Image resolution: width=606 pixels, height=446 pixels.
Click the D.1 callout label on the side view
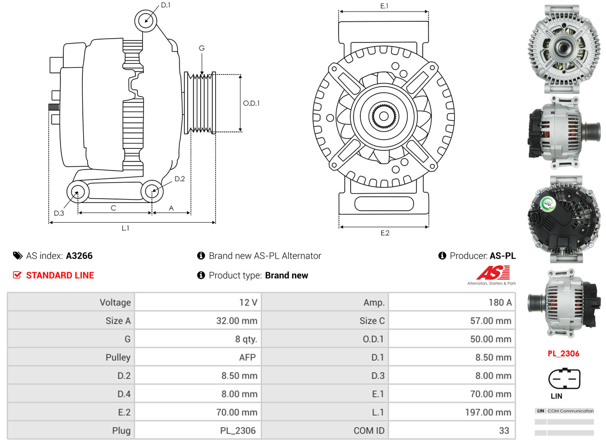[x=165, y=5]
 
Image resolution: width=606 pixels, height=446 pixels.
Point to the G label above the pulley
[x=202, y=48]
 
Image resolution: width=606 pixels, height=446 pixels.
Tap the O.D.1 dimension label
[x=251, y=103]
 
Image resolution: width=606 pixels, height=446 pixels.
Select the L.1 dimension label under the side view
[x=125, y=228]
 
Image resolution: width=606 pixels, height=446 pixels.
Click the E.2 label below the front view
[x=384, y=233]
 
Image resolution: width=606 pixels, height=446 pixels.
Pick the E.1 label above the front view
[x=384, y=6]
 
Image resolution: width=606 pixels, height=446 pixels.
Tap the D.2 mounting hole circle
[x=152, y=191]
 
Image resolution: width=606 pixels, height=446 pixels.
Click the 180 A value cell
[x=501, y=302]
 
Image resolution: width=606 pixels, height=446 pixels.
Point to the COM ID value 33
[x=504, y=431]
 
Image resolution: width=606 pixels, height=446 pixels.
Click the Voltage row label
[x=115, y=302]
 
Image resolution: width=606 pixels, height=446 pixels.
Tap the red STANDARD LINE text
[x=60, y=275]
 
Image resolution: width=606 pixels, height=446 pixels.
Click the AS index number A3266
[x=79, y=256]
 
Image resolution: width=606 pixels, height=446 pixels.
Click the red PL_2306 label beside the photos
[x=563, y=354]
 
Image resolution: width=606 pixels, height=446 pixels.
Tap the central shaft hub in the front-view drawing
[x=384, y=116]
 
